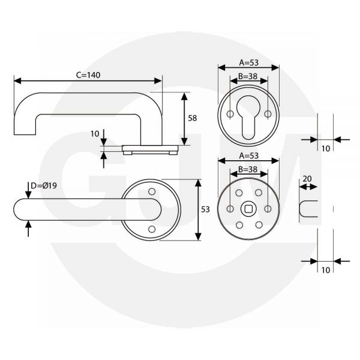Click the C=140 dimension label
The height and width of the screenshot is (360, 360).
point(88,75)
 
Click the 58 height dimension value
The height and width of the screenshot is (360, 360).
point(193,118)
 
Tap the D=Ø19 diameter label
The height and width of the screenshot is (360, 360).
point(44,185)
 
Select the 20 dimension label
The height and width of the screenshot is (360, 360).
point(307,179)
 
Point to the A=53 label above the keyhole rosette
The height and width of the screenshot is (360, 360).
point(248,62)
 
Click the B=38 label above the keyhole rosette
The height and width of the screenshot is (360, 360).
point(247,76)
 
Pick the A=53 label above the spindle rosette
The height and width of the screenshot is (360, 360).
point(248,155)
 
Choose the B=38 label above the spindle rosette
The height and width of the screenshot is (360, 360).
point(247,169)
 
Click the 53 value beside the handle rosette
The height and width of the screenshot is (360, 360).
point(205,209)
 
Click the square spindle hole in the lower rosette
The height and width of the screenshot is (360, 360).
point(248,209)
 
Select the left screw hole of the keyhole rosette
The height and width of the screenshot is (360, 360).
point(230,113)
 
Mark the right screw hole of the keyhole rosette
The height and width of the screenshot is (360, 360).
point(268,113)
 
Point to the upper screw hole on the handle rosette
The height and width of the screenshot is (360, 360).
point(151,191)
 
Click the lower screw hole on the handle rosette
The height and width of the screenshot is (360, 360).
point(151,229)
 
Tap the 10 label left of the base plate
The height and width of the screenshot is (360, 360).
point(95,134)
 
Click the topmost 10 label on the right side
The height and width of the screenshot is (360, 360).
point(326,149)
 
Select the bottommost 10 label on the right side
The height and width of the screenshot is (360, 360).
point(326,270)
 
